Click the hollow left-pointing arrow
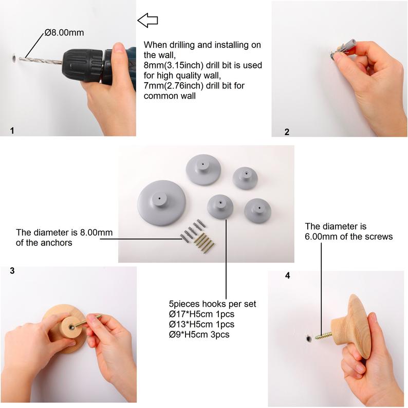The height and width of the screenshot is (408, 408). (x=147, y=20)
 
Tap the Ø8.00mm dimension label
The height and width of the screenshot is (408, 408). (x=64, y=32)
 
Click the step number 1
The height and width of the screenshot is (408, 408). (x=12, y=131)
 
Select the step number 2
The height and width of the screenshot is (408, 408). (x=287, y=132)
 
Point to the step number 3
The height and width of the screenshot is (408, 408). (x=12, y=271)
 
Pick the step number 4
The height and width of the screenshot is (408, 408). (x=288, y=275)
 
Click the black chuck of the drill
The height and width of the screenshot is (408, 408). (x=83, y=64)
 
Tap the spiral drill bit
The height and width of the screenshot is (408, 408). (x=40, y=61)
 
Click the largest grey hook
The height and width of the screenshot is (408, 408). (x=161, y=203)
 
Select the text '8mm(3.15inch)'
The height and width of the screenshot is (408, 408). (x=174, y=65)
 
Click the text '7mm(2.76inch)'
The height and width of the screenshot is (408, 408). (x=174, y=85)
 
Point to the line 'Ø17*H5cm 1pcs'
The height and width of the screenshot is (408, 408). (x=201, y=314)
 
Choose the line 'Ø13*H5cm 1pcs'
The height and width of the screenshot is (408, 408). (x=201, y=324)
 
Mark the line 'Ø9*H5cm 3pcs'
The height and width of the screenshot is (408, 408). (x=199, y=335)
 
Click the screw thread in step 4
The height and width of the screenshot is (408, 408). (x=323, y=336)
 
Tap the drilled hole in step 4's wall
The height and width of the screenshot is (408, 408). (x=309, y=339)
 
